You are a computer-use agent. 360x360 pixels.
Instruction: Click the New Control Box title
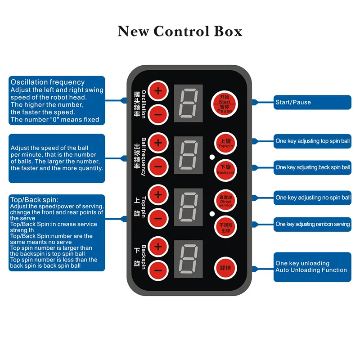click(180, 31)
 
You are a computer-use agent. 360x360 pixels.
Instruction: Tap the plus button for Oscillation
click(158, 91)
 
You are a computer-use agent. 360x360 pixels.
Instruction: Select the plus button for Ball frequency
click(158, 143)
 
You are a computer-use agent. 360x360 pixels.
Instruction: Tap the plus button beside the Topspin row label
click(158, 195)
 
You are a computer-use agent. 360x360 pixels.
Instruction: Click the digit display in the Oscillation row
click(188, 102)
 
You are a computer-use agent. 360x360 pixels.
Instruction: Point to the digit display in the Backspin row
click(188, 258)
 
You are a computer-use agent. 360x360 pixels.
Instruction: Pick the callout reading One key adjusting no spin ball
click(312, 198)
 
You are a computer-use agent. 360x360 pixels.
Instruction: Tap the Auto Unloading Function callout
click(312, 267)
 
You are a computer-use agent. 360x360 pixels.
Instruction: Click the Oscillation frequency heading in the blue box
click(48, 82)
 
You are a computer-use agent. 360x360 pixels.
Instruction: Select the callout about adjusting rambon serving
click(312, 224)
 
